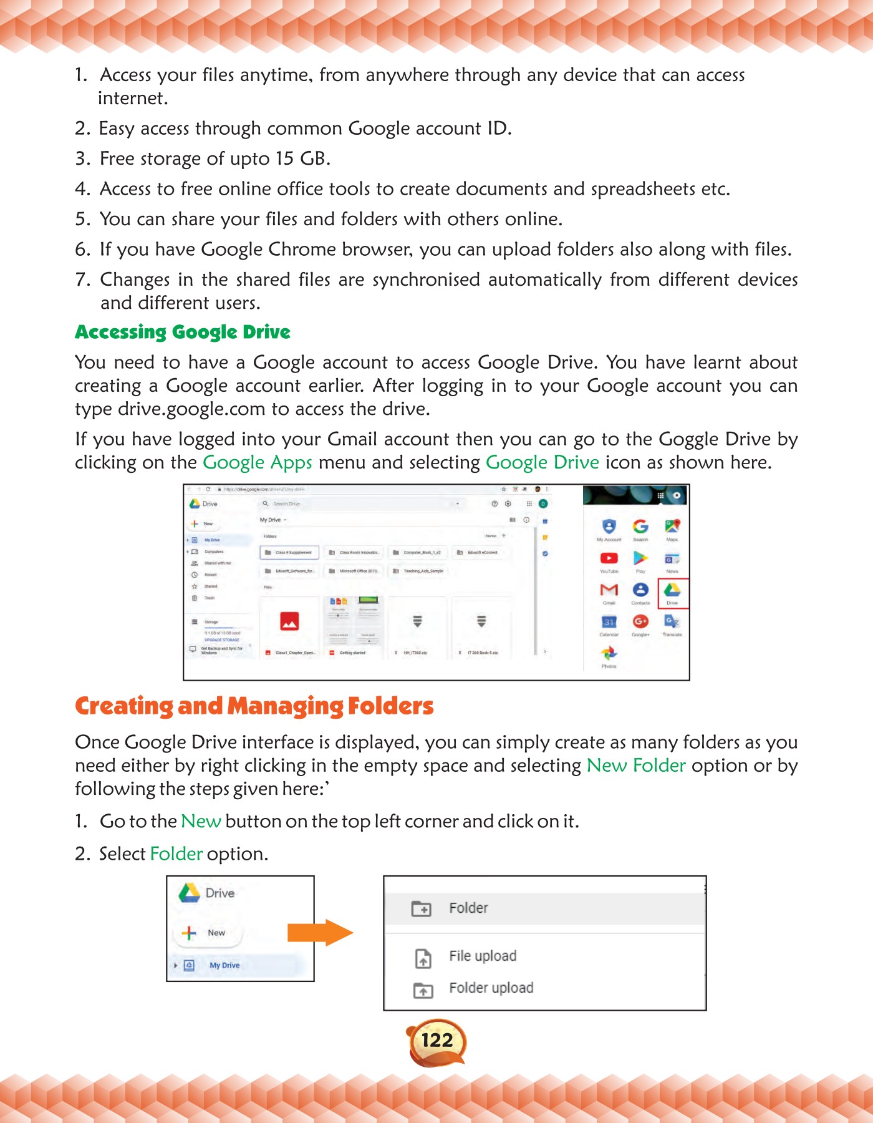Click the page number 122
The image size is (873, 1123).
437,1040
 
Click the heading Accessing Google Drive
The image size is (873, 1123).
183,332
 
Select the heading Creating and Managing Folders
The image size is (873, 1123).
254,706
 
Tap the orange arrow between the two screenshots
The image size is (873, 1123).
320,933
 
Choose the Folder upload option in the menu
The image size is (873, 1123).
491,988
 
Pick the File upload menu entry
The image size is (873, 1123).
483,956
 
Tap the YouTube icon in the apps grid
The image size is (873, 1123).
609,558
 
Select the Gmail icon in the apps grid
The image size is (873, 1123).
609,590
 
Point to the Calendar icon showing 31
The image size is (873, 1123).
609,622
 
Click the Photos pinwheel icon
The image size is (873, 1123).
609,653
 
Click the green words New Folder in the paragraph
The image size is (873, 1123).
636,766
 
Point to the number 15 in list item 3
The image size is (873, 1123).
284,158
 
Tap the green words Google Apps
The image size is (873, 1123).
258,463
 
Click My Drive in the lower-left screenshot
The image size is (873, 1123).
224,965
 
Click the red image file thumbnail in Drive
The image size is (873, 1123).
289,621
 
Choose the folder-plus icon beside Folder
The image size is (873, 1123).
422,908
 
